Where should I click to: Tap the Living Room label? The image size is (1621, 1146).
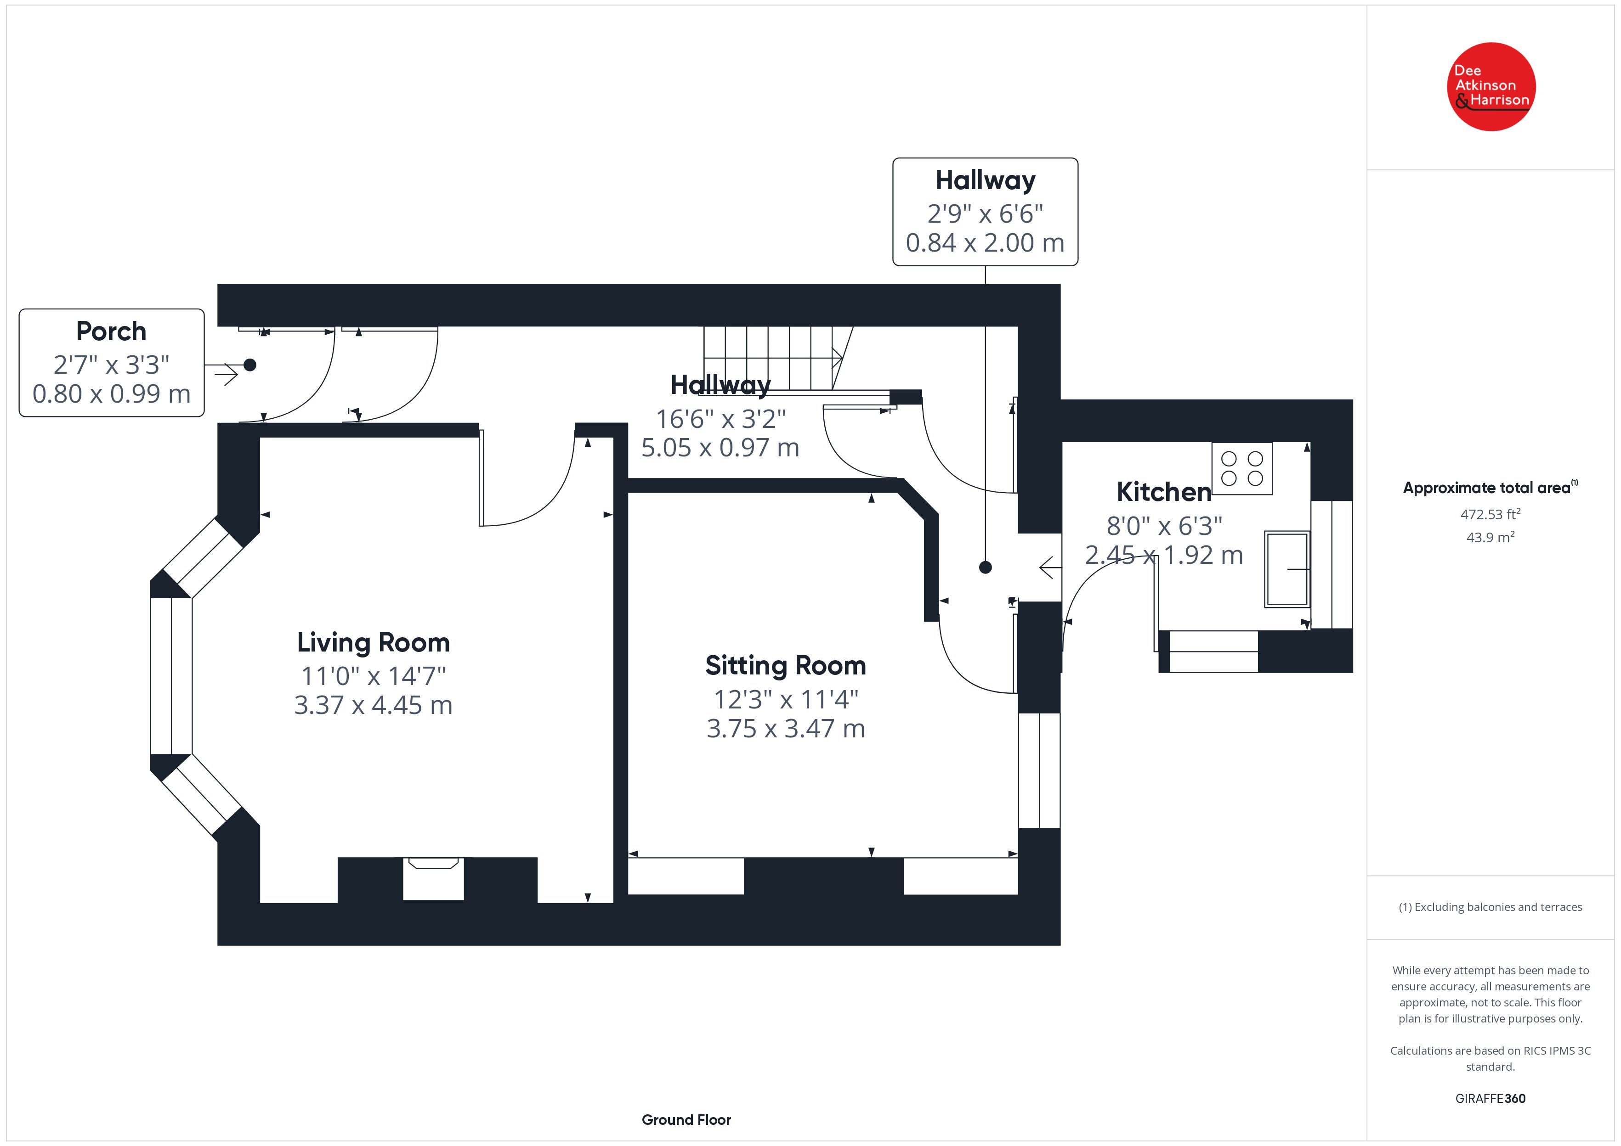[374, 642]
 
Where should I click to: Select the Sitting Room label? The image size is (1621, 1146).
[786, 665]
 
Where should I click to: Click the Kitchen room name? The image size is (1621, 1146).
[1164, 492]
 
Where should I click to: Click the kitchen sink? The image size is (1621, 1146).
[1287, 569]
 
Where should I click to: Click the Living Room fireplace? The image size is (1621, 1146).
[433, 878]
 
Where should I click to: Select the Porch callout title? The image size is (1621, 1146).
[112, 331]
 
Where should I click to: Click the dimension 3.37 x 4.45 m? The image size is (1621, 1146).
[374, 705]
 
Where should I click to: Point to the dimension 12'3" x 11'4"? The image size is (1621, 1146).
[786, 699]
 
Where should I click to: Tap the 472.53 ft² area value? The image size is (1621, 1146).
[1491, 514]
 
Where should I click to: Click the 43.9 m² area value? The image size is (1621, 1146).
[1491, 537]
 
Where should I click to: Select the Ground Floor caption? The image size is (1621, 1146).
[686, 1120]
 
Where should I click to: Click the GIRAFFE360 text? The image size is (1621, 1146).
[1491, 1099]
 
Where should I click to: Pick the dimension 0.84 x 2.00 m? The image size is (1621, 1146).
[985, 243]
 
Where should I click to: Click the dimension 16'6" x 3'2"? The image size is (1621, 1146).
[721, 419]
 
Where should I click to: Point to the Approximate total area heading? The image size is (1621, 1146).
[1491, 488]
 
